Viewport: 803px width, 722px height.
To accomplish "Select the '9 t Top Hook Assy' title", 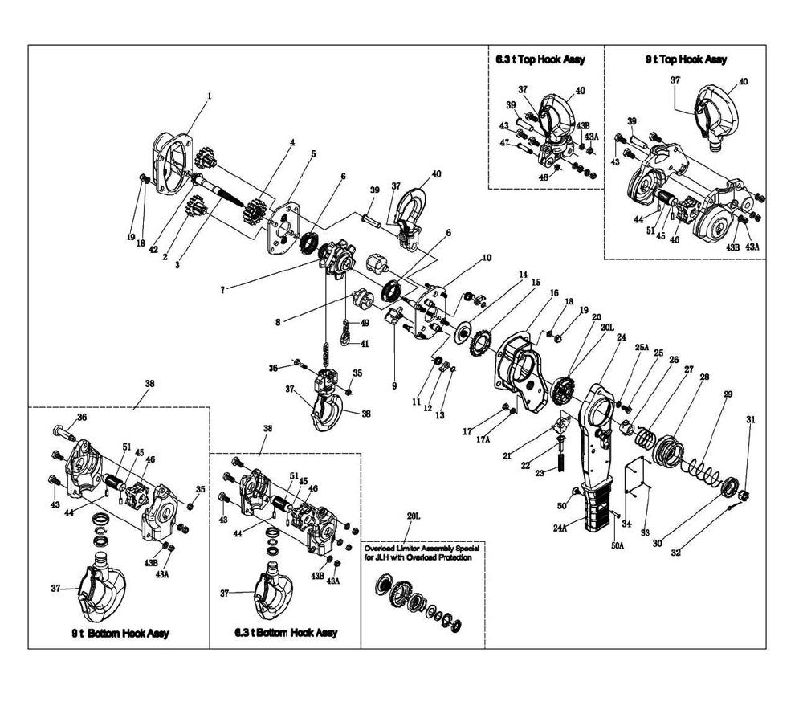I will click(x=685, y=59).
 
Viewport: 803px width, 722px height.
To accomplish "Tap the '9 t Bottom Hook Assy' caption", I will click(x=120, y=634).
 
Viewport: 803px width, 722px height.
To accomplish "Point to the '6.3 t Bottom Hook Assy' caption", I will click(x=286, y=633).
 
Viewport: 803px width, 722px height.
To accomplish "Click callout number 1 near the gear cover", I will click(x=210, y=96).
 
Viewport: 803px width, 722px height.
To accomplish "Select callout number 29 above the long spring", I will click(x=728, y=394).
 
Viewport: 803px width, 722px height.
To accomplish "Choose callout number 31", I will click(x=751, y=420).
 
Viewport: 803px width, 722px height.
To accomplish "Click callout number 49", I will click(x=365, y=323).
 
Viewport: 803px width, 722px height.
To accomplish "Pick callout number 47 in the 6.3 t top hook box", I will click(x=504, y=142).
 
